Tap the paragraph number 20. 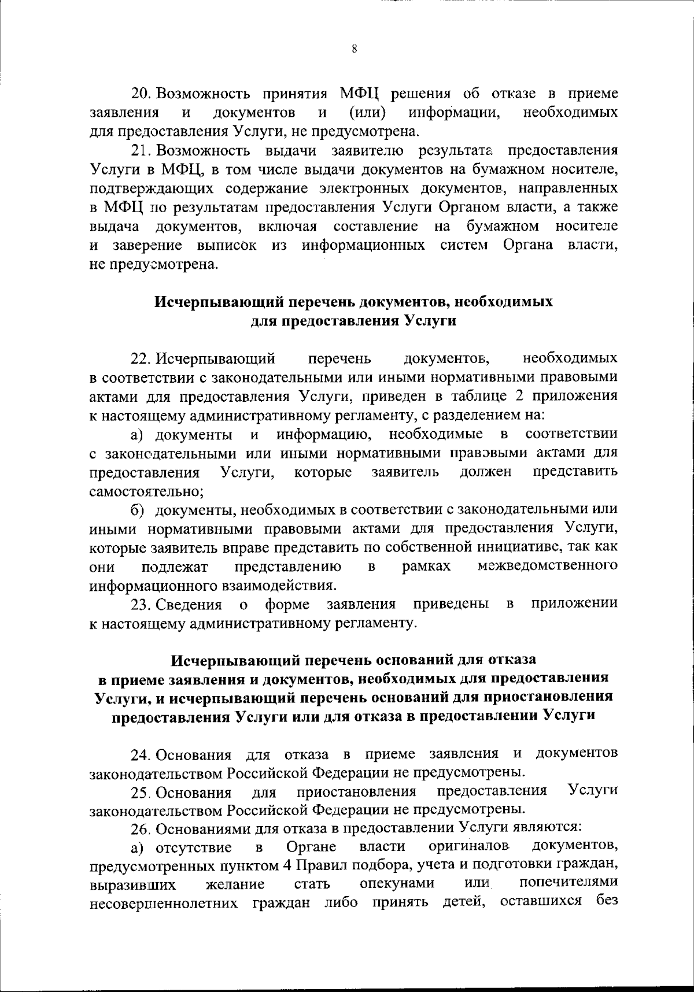pyautogui.click(x=141, y=94)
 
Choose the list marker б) pyautogui.click(x=136, y=510)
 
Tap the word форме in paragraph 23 pyautogui.click(x=287, y=605)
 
